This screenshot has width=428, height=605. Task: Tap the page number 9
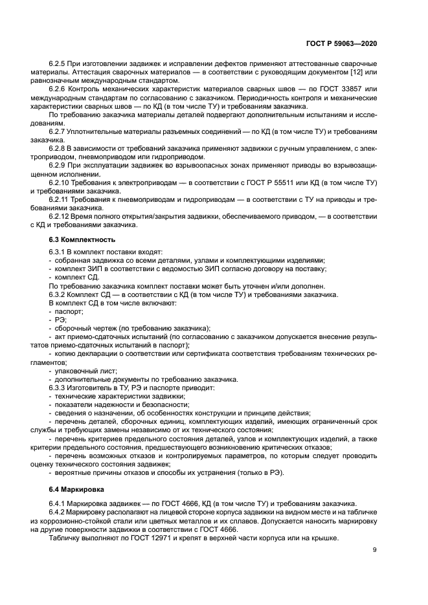374,550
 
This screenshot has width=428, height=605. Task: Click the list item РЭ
60,319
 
